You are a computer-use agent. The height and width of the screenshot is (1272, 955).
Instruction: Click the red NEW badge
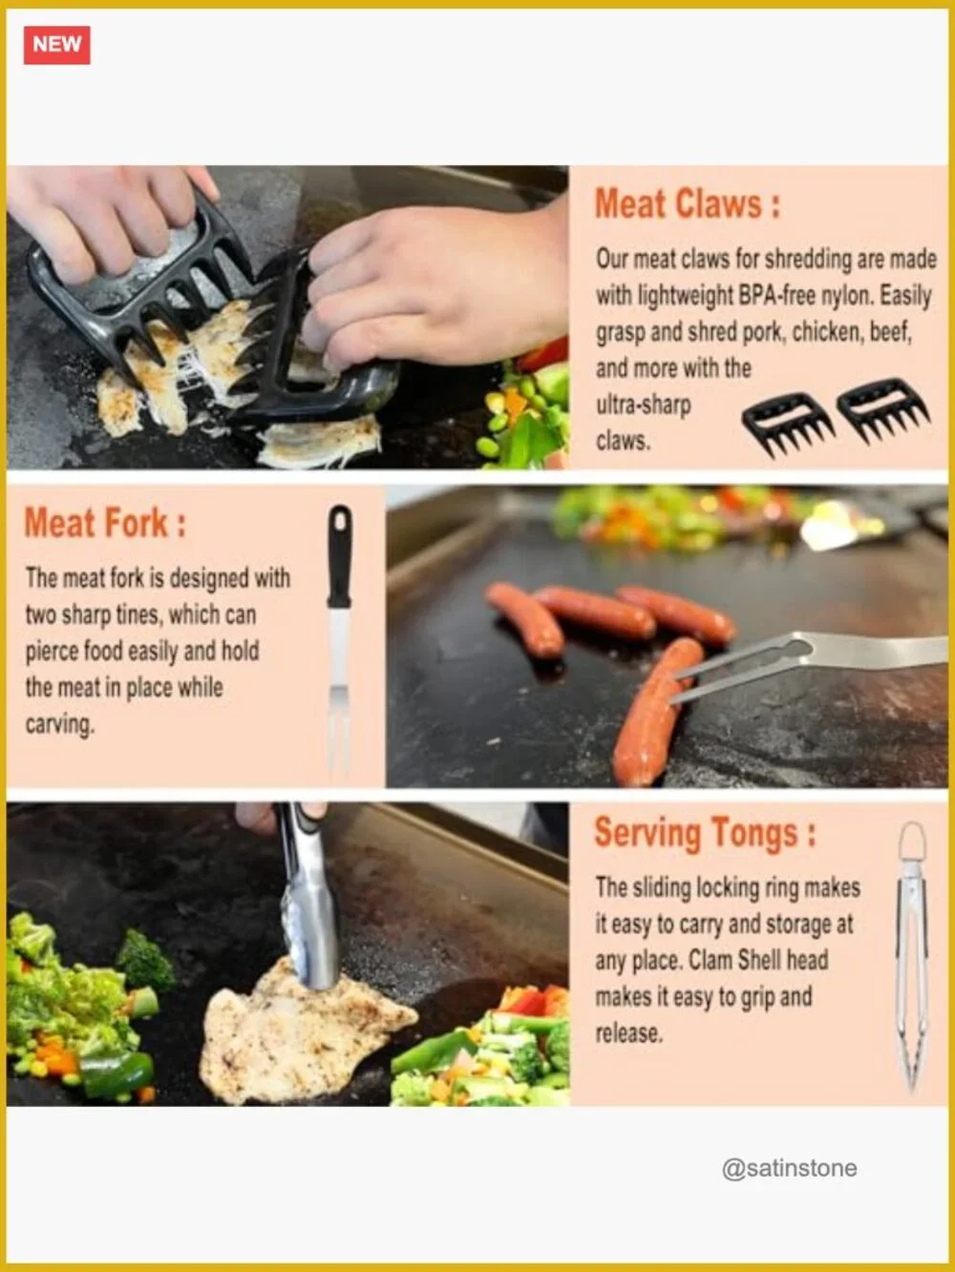pyautogui.click(x=57, y=45)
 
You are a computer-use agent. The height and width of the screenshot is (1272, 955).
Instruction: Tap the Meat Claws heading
pyautogui.click(x=688, y=204)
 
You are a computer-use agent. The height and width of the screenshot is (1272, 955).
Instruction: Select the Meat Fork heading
pyautogui.click(x=105, y=523)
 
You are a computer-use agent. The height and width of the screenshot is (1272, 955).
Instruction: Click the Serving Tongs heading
pyautogui.click(x=705, y=833)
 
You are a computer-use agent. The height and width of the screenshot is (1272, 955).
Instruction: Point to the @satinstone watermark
pyautogui.click(x=789, y=1168)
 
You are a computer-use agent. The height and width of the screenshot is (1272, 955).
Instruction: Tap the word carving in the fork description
pyautogui.click(x=59, y=725)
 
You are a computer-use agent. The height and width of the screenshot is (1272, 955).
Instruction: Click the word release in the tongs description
pyautogui.click(x=628, y=1033)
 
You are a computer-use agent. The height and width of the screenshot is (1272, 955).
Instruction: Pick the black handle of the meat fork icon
pyautogui.click(x=339, y=556)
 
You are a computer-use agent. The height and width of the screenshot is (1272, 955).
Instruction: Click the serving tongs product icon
pyautogui.click(x=912, y=955)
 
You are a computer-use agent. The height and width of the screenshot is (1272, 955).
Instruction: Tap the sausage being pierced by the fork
pyautogui.click(x=655, y=712)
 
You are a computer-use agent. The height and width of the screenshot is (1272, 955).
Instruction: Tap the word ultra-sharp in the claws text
pyautogui.click(x=643, y=406)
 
